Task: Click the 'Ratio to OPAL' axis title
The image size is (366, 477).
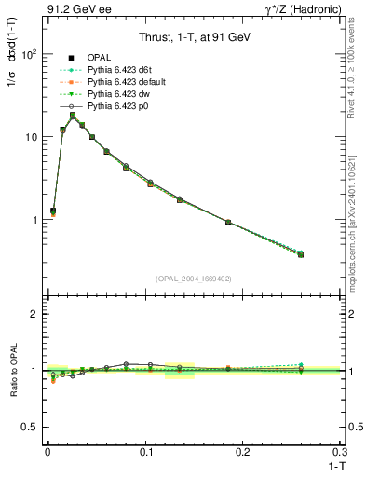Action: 12,372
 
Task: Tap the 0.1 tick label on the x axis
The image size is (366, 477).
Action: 145,452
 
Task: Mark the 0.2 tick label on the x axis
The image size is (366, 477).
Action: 243,452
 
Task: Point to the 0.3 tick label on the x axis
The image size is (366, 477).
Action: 340,452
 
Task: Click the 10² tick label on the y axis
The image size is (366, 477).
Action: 29,54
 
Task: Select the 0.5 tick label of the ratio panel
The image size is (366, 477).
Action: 30,428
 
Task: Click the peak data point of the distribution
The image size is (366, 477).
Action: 72,116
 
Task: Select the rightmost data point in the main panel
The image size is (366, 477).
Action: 301,254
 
